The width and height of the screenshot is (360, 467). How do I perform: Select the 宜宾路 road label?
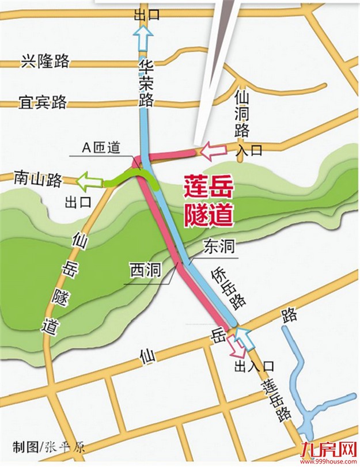coord(43,103)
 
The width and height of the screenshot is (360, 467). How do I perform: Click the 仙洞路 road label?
coord(242,112)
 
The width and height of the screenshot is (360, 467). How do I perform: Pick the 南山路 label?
coord(38,180)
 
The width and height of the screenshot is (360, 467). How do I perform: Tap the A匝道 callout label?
coord(100,147)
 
